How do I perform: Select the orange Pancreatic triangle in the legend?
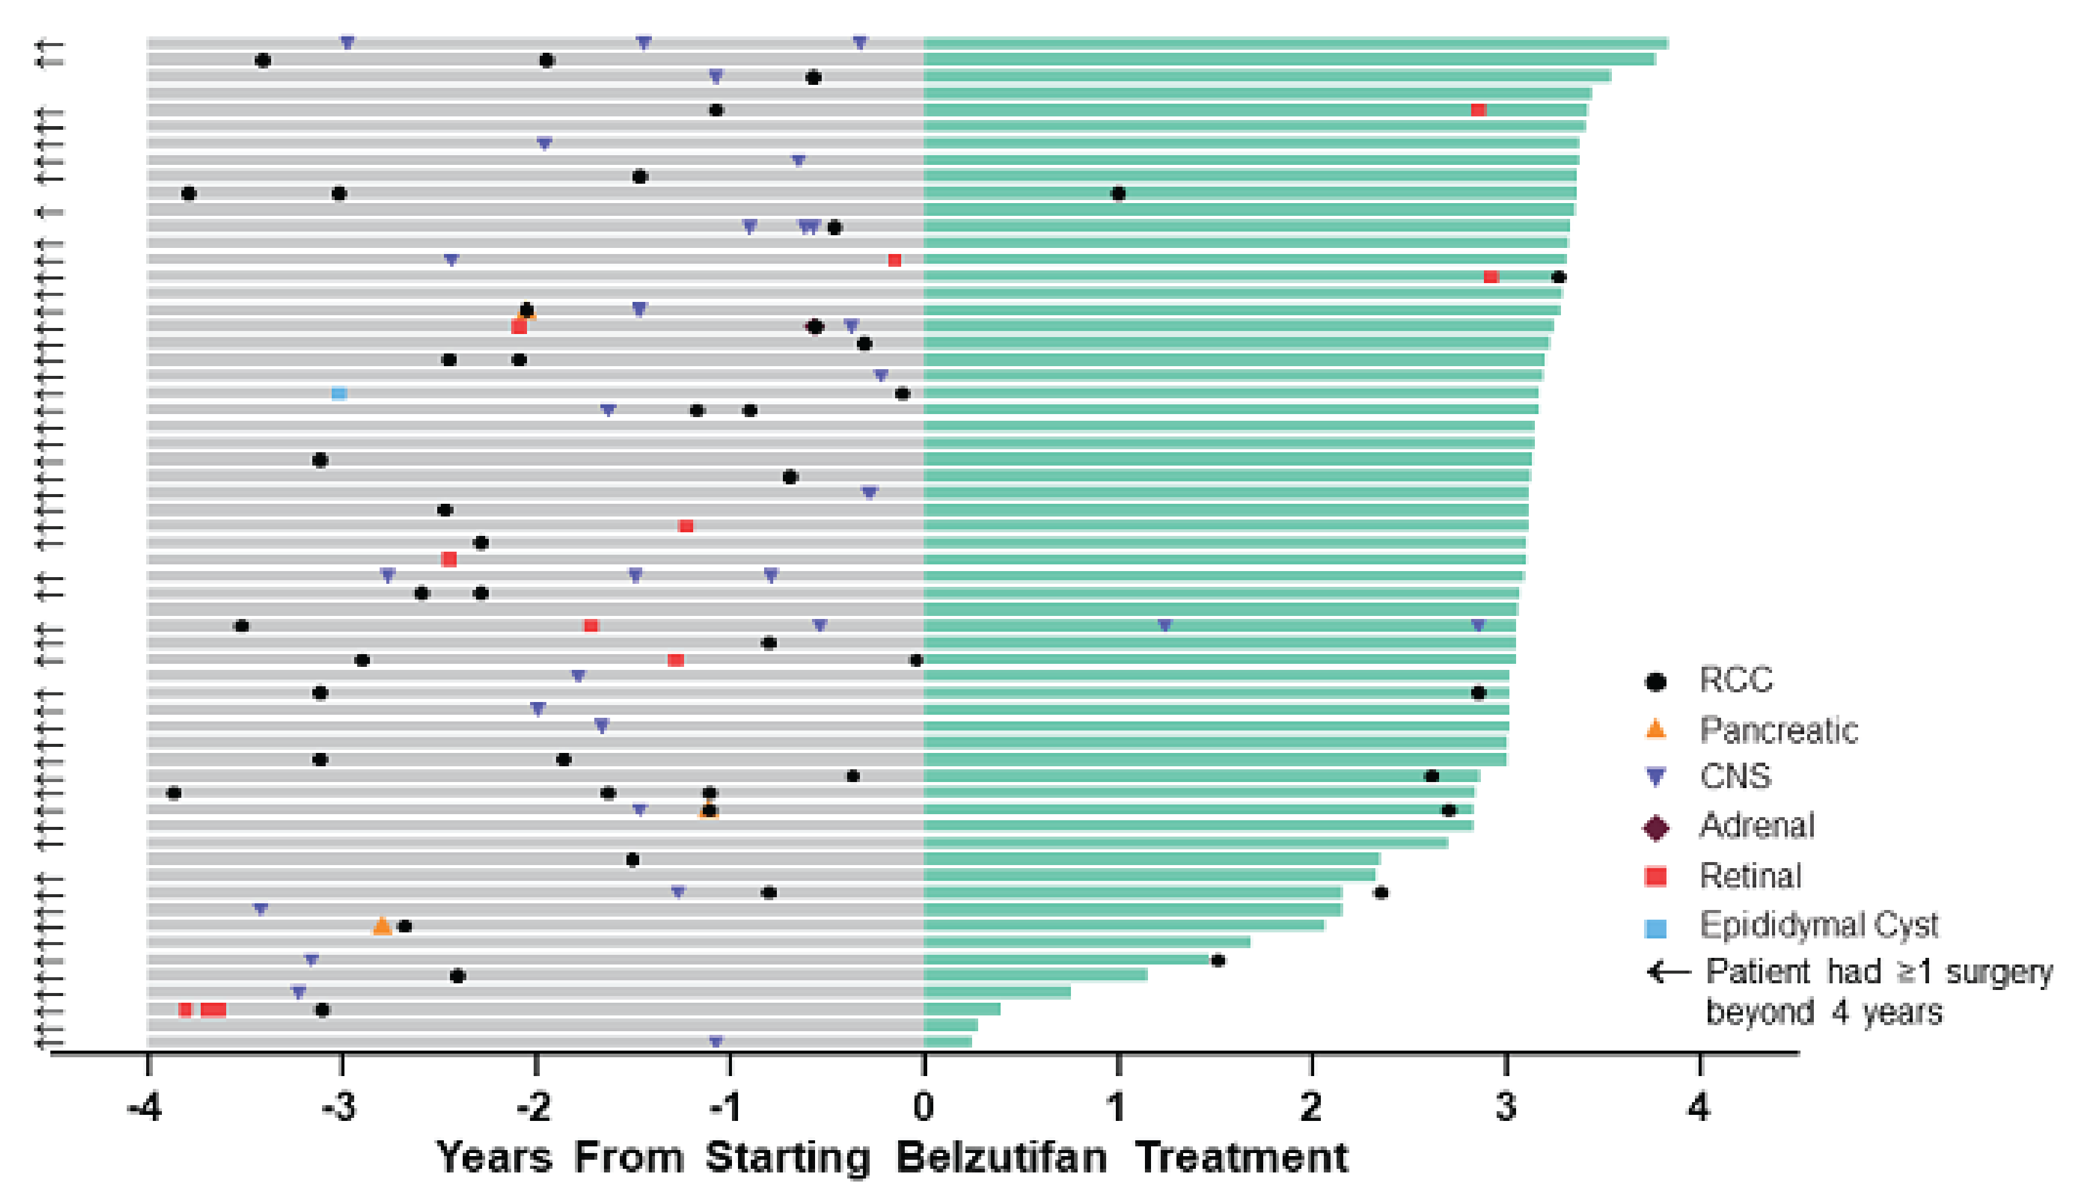point(1655,729)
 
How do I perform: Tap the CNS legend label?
point(1735,776)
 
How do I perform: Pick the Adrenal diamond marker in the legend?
point(1655,828)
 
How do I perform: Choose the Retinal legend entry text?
point(1750,875)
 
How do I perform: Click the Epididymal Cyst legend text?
point(1818,925)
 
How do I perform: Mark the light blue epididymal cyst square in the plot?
point(339,394)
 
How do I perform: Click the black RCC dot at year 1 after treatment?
point(1118,194)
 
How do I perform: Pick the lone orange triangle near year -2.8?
point(381,926)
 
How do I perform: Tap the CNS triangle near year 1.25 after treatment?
point(1164,625)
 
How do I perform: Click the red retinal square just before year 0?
point(894,260)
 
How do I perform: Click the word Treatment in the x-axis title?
point(1241,1158)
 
